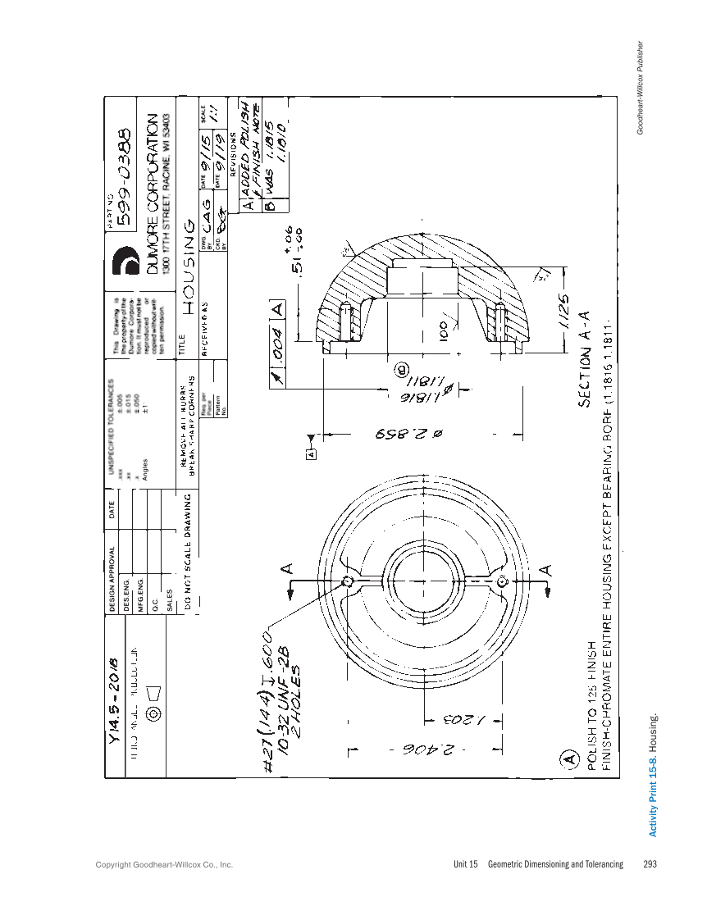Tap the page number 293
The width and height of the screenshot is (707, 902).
click(x=650, y=864)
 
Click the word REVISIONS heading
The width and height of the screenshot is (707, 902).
click(x=233, y=155)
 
